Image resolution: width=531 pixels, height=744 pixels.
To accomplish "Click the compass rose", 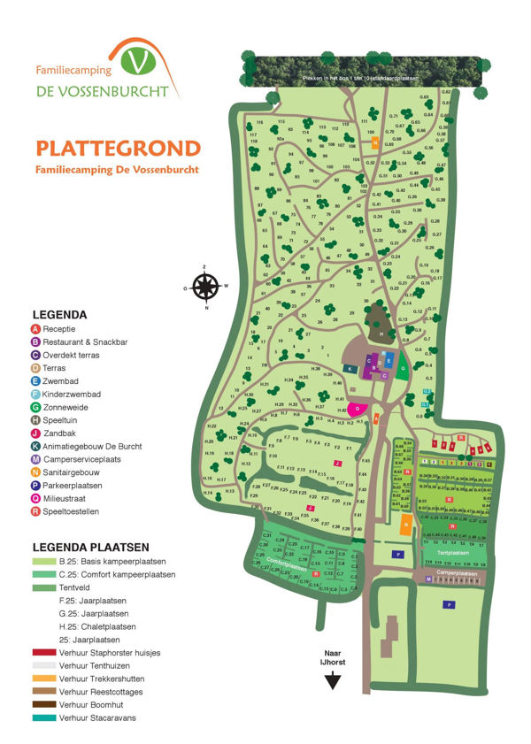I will tap(205, 287).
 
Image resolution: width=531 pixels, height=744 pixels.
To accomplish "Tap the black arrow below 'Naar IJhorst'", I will tap(333, 680).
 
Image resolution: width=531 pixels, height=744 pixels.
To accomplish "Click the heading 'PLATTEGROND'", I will tap(118, 147).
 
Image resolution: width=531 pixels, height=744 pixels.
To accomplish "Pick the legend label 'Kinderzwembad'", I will tap(73, 394).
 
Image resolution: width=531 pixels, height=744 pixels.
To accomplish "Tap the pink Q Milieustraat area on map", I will tap(358, 409).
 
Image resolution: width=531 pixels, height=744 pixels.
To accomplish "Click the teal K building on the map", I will tap(350, 368).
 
